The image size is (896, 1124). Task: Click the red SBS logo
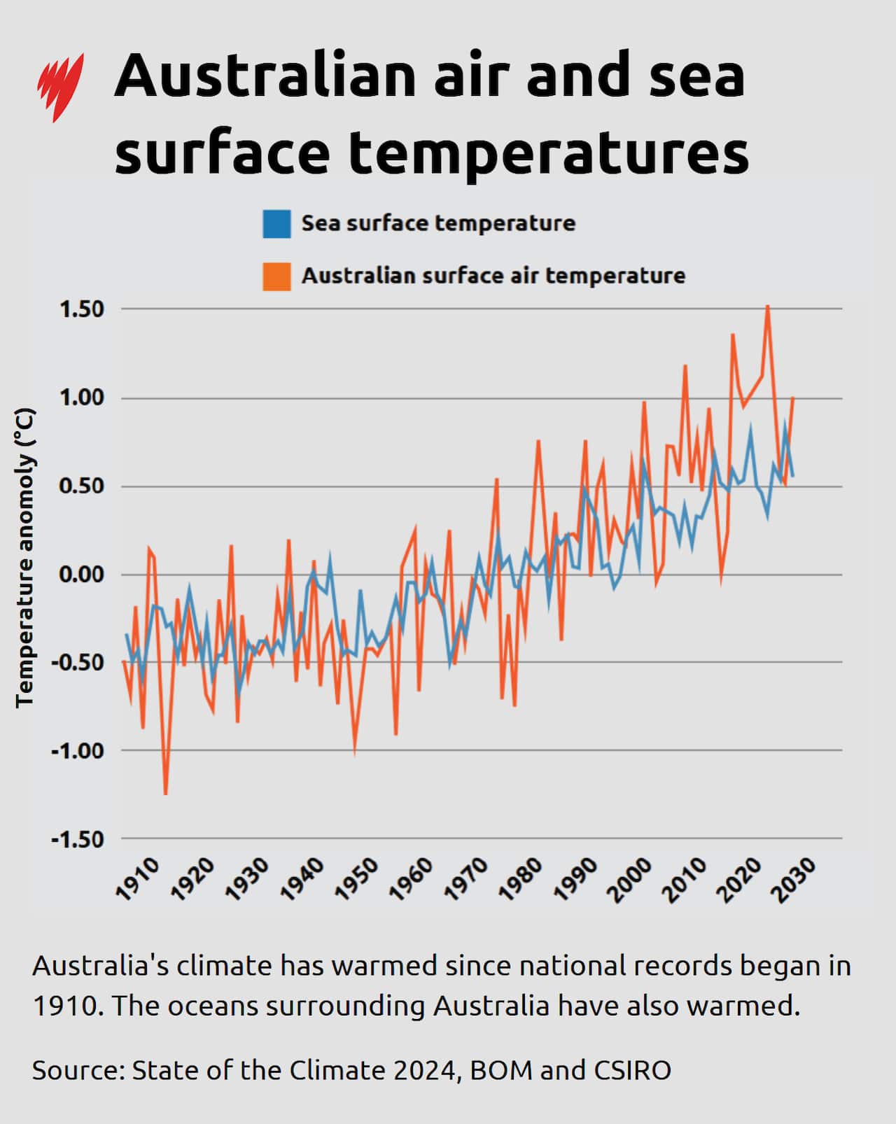[60, 87]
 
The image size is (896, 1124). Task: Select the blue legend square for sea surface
[276, 224]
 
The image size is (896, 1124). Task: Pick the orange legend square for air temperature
[276, 276]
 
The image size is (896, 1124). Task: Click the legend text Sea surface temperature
[438, 224]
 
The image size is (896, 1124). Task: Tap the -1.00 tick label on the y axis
[77, 751]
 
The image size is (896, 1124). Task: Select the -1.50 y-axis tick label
[77, 839]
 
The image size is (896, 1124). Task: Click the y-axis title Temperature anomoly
[25, 557]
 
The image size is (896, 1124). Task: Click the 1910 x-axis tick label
[137, 878]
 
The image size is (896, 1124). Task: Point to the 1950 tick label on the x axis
[356, 878]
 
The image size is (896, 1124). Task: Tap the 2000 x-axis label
[630, 878]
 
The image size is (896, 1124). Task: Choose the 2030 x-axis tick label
[794, 878]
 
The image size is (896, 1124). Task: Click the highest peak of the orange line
[768, 307]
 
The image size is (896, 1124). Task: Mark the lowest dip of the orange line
[165, 793]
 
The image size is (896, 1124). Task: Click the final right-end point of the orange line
[792, 398]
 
